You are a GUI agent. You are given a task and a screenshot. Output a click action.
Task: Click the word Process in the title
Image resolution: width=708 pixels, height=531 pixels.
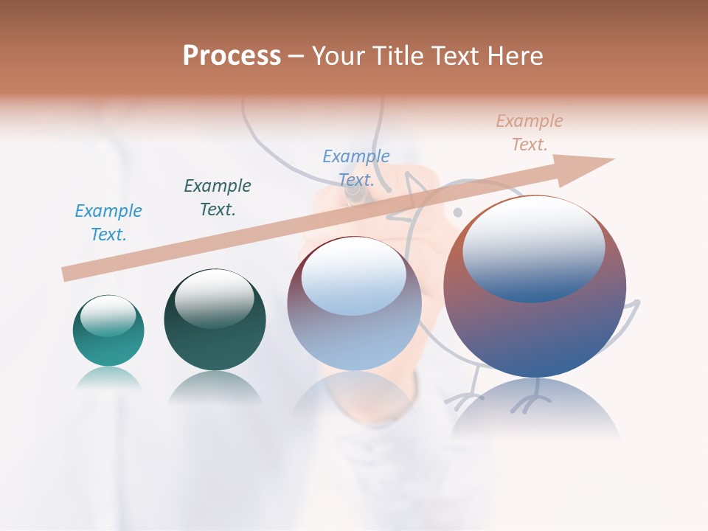point(232,56)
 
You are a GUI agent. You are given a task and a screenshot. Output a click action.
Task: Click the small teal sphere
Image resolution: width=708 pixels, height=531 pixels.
point(108,330)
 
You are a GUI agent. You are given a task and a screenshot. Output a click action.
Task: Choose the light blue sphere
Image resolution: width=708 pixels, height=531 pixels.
point(354,304)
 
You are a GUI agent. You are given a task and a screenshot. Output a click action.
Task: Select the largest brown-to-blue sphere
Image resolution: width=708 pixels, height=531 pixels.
point(535,288)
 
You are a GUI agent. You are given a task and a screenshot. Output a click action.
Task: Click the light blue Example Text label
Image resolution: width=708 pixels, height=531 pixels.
point(108,223)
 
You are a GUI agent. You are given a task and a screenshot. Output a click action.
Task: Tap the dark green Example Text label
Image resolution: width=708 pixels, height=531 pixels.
point(218,197)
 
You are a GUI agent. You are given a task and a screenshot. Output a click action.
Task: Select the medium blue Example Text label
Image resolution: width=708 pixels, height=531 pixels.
point(356,167)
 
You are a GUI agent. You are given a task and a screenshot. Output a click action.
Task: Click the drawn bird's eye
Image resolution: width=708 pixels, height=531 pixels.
point(457,212)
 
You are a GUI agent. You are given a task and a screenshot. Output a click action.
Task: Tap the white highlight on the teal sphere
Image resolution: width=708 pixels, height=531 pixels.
point(108,317)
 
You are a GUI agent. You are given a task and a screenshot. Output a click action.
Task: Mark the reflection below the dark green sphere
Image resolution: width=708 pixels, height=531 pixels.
point(215,388)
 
